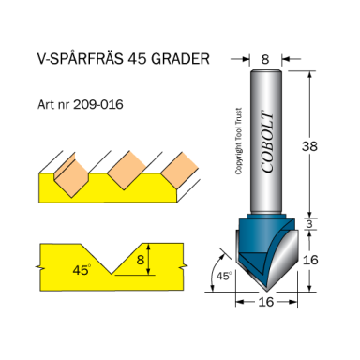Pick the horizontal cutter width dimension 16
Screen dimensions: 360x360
pyautogui.click(x=265, y=303)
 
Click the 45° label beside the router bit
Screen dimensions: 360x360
pyautogui.click(x=224, y=276)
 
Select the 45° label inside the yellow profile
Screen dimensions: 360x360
pyautogui.click(x=82, y=269)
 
